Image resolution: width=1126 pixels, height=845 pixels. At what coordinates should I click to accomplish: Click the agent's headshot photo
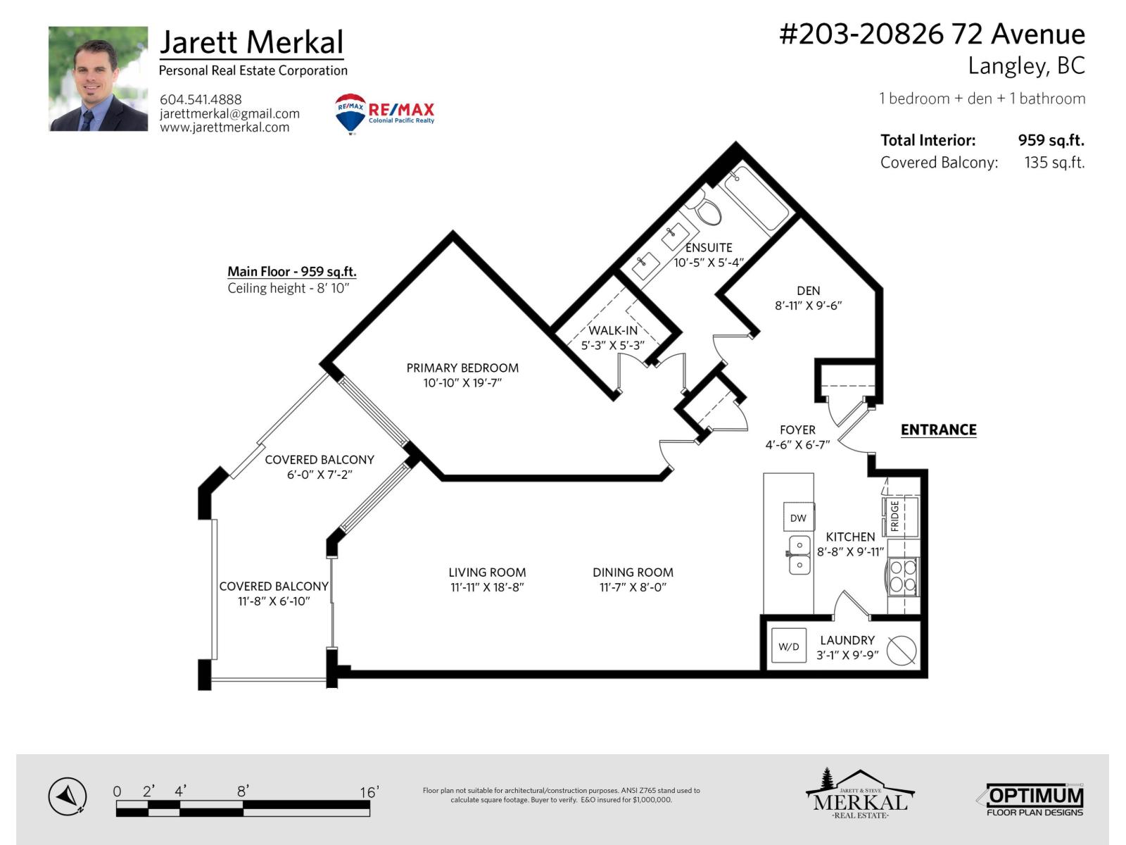(98, 79)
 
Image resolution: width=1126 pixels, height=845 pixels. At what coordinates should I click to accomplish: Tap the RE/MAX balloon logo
(350, 113)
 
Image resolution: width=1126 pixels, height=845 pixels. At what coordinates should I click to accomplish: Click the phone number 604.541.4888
(201, 99)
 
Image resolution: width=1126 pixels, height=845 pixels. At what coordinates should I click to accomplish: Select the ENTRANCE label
(938, 430)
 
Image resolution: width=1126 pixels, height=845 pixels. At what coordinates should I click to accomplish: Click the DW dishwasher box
(798, 518)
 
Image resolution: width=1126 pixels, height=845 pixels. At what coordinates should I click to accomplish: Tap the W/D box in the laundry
(789, 646)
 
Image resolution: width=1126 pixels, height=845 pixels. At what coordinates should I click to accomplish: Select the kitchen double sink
(799, 555)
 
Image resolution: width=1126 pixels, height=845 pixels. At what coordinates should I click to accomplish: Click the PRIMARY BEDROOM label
(462, 368)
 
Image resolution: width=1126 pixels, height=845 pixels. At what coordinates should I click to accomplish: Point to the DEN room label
(808, 291)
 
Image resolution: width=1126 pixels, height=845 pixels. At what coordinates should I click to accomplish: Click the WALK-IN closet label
(613, 330)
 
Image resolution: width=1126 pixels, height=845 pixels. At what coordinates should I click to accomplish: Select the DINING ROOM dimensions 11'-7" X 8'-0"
(633, 587)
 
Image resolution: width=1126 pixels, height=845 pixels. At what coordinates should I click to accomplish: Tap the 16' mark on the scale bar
(369, 793)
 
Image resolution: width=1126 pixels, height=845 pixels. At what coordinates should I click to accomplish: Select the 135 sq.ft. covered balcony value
(1054, 163)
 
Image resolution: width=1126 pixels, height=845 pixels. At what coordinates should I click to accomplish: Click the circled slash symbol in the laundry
(902, 650)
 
